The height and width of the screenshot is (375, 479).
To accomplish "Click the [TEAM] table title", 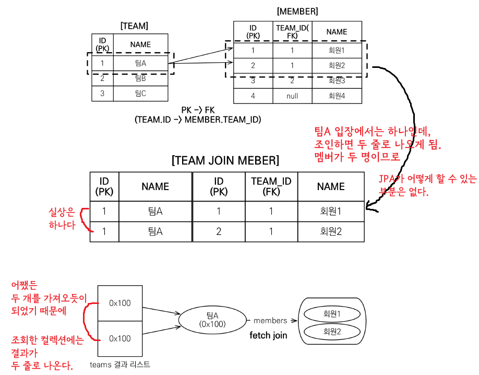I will click(134, 26).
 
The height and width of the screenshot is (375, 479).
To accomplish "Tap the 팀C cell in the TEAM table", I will click(140, 93).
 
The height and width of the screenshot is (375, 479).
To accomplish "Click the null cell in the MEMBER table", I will click(292, 96).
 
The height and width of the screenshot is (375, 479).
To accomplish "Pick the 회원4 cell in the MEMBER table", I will click(337, 96).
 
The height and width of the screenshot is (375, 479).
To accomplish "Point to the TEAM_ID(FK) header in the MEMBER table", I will click(292, 32).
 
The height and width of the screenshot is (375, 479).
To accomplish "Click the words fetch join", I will click(268, 335).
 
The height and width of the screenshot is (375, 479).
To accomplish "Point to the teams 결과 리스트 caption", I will click(119, 365).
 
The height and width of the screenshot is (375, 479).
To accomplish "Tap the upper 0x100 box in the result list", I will click(120, 303).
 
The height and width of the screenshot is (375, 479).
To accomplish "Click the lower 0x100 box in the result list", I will click(120, 338).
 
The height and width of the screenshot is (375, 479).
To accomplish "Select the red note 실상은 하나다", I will click(62, 219).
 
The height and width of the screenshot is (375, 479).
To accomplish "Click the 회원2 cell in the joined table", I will click(331, 231).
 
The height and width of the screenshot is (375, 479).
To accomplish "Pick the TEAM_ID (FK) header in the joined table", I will click(271, 186).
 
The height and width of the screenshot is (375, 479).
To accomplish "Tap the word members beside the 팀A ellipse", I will click(270, 320).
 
